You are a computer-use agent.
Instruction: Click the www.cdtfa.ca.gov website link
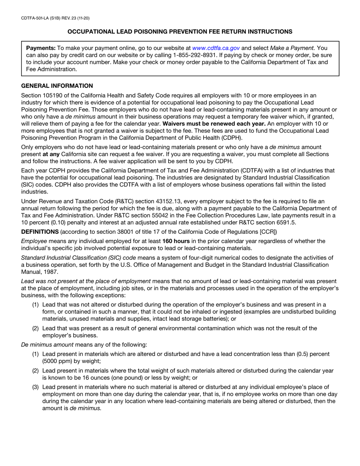[x=216, y=48]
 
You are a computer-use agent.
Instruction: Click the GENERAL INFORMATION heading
[x=57, y=86]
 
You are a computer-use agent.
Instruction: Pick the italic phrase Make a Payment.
[x=293, y=48]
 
